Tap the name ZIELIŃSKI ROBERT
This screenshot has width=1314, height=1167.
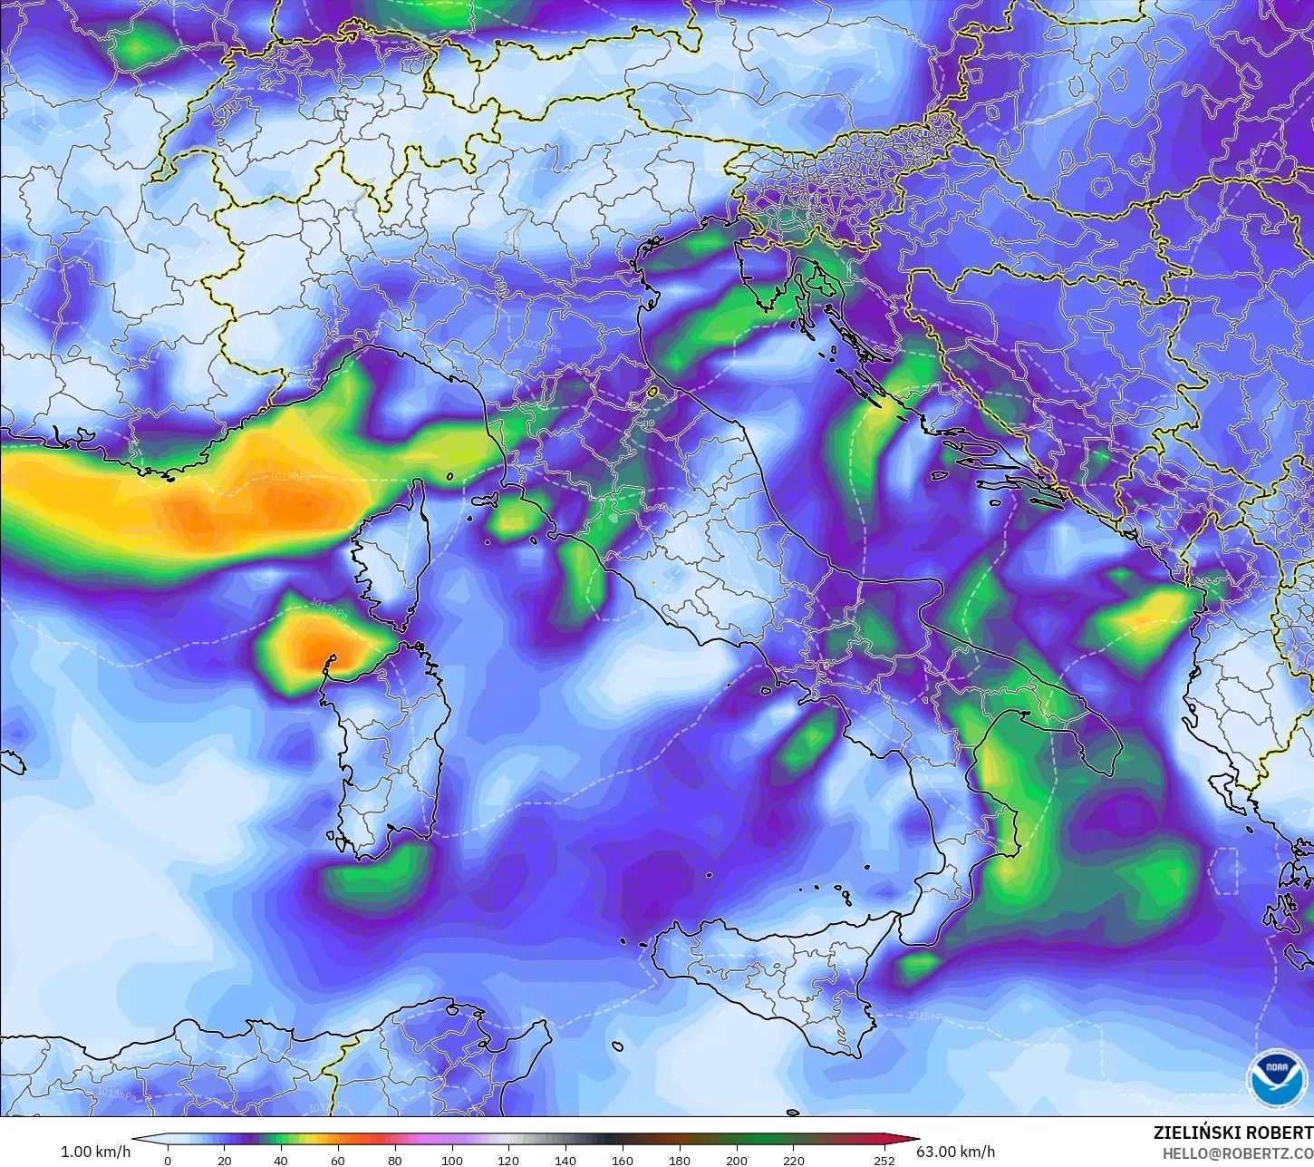(1232, 1133)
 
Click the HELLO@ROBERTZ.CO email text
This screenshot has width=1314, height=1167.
(1238, 1153)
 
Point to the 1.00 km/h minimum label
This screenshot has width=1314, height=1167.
(95, 1152)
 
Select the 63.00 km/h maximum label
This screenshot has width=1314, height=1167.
(956, 1152)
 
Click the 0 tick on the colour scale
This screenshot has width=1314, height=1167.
(168, 1161)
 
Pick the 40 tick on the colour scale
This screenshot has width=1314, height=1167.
(281, 1161)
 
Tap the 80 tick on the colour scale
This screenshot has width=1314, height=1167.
(395, 1161)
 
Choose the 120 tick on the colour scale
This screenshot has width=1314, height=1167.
(508, 1161)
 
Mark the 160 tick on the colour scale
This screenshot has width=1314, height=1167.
(623, 1161)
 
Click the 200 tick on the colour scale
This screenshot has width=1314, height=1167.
(737, 1161)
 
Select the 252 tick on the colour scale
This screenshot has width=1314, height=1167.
(884, 1161)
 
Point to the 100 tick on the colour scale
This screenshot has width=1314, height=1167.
(451, 1161)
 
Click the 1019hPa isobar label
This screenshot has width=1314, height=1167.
(290, 476)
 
